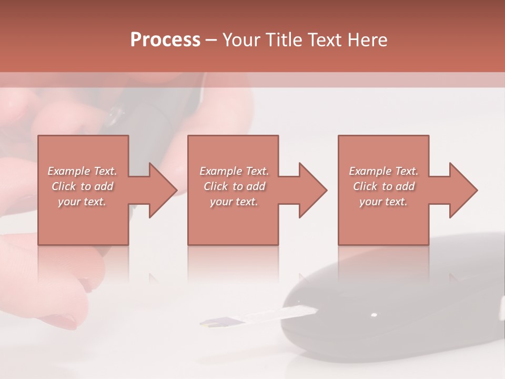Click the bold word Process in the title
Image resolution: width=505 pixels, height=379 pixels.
(165, 40)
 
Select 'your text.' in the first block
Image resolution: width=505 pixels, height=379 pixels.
(82, 202)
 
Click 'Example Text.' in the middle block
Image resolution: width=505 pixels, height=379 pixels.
(234, 171)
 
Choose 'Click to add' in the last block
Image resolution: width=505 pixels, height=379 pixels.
(383, 186)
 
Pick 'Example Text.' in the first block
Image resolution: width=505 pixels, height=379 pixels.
(82, 171)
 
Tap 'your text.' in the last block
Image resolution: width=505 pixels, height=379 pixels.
(383, 202)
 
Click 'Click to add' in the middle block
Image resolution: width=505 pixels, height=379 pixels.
(234, 186)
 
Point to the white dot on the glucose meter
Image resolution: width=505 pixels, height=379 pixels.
(374, 315)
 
